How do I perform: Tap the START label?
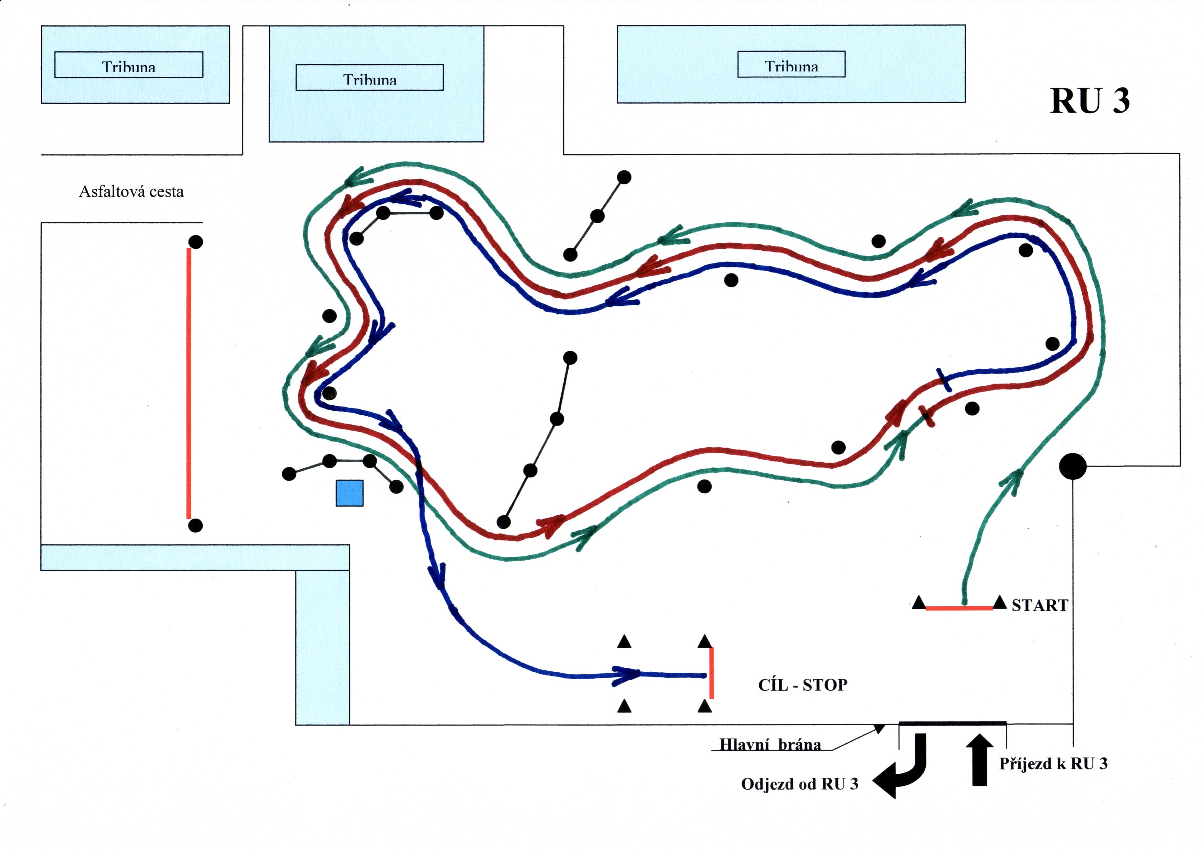click(x=1039, y=605)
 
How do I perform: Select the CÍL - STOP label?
click(x=802, y=685)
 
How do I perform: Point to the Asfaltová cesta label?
click(x=131, y=191)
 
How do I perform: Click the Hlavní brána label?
click(x=770, y=744)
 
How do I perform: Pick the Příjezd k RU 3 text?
click(x=1053, y=763)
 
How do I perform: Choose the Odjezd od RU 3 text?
click(x=799, y=784)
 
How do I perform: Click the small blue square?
click(x=349, y=493)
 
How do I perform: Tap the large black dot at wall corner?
click(x=1073, y=466)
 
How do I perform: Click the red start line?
click(x=959, y=608)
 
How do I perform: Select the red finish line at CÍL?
click(x=711, y=673)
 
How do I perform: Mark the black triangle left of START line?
click(x=918, y=603)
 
